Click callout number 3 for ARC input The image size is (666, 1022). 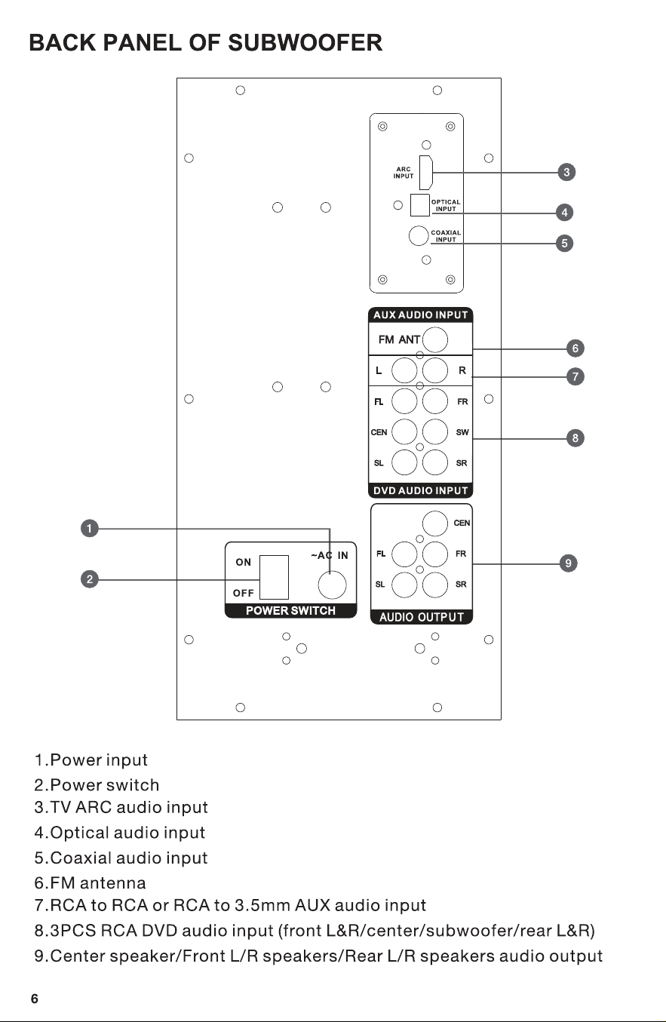[566, 172]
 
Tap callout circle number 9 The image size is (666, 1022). [568, 563]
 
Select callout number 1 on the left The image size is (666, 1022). [90, 528]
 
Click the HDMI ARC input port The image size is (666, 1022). [425, 173]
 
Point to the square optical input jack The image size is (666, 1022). [419, 205]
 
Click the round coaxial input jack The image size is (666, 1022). [419, 236]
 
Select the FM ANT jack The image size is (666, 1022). [434, 340]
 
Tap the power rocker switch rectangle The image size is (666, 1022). [274, 577]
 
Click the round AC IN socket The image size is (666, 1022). [332, 585]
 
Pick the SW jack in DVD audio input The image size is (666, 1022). [434, 431]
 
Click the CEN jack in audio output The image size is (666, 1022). [434, 523]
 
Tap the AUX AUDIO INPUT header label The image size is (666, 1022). [420, 315]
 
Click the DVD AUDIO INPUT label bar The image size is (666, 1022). [420, 490]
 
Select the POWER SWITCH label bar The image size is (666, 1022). [290, 610]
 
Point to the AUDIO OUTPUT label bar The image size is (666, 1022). [421, 617]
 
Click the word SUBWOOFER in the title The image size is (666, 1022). [305, 42]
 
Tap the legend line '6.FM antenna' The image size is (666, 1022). [90, 882]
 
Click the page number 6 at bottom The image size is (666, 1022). [35, 999]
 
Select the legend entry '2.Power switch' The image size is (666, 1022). [97, 784]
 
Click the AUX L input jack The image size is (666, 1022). [404, 370]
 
